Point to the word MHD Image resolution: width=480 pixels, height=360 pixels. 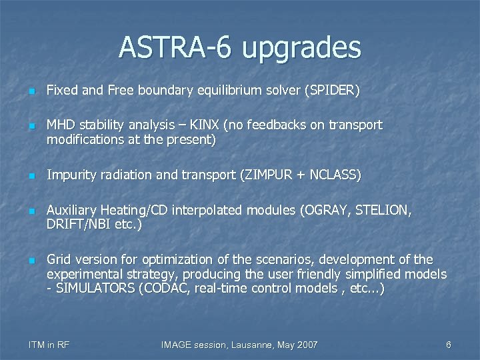click(x=59, y=125)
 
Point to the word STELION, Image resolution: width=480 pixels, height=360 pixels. click(x=386, y=211)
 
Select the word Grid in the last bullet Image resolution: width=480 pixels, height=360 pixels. click(x=59, y=259)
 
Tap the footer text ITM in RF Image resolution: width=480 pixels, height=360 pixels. click(x=49, y=345)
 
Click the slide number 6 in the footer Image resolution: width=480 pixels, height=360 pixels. click(x=448, y=345)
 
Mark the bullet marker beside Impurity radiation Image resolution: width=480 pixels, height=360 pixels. click(x=32, y=176)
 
